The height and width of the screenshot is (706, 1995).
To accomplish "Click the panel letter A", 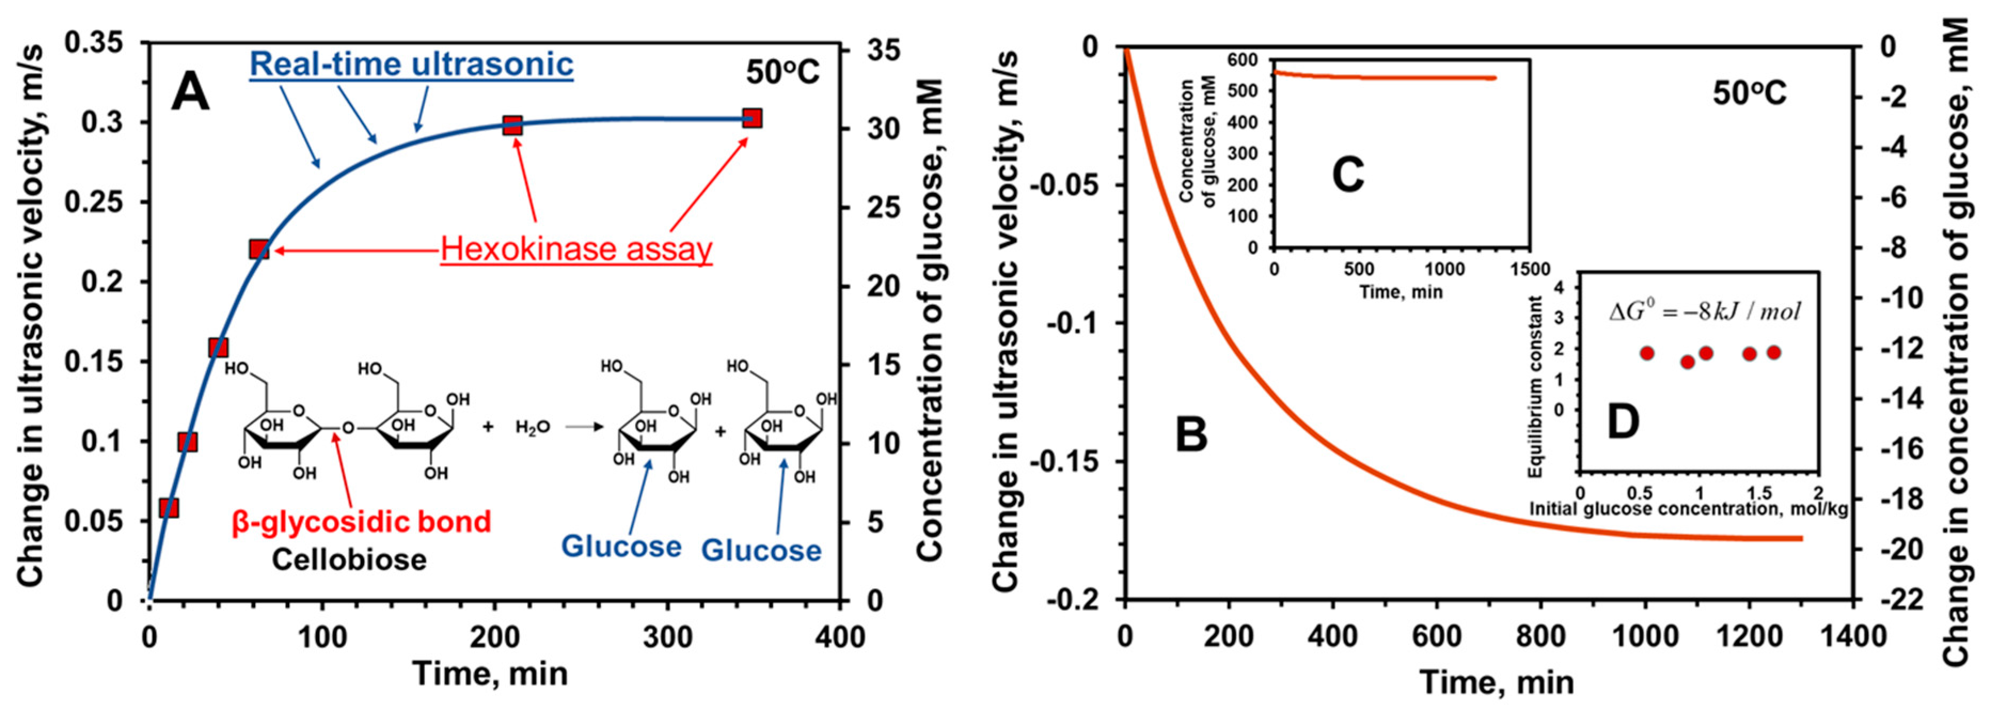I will click(191, 92).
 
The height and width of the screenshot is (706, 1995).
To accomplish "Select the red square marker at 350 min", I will click(751, 118).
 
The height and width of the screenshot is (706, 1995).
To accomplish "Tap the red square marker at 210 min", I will click(512, 125).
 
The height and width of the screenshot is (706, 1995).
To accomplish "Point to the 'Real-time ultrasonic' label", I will click(411, 63).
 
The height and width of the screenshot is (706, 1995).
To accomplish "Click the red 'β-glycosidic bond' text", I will click(362, 522).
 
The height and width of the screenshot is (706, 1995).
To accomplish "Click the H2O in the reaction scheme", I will click(533, 427).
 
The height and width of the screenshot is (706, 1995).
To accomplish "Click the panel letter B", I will click(1191, 434).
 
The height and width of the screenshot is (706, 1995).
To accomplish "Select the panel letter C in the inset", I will click(1348, 176).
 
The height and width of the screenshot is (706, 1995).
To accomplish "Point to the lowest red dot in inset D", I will click(1688, 362).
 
